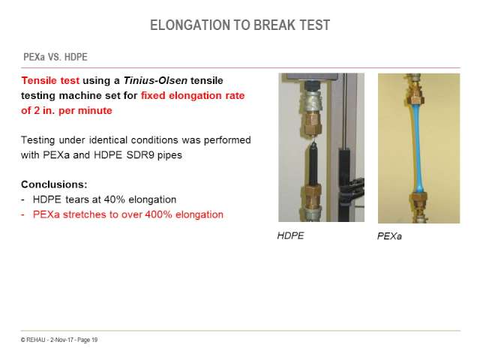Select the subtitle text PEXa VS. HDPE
[x=55, y=57]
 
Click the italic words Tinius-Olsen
[x=155, y=80]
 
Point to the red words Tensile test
[x=50, y=80]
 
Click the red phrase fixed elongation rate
[x=193, y=95]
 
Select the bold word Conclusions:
[x=54, y=184]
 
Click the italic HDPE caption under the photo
[x=290, y=235]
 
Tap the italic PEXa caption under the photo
[x=389, y=236]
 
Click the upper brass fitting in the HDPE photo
[x=312, y=124]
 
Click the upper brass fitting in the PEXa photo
[x=415, y=94]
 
